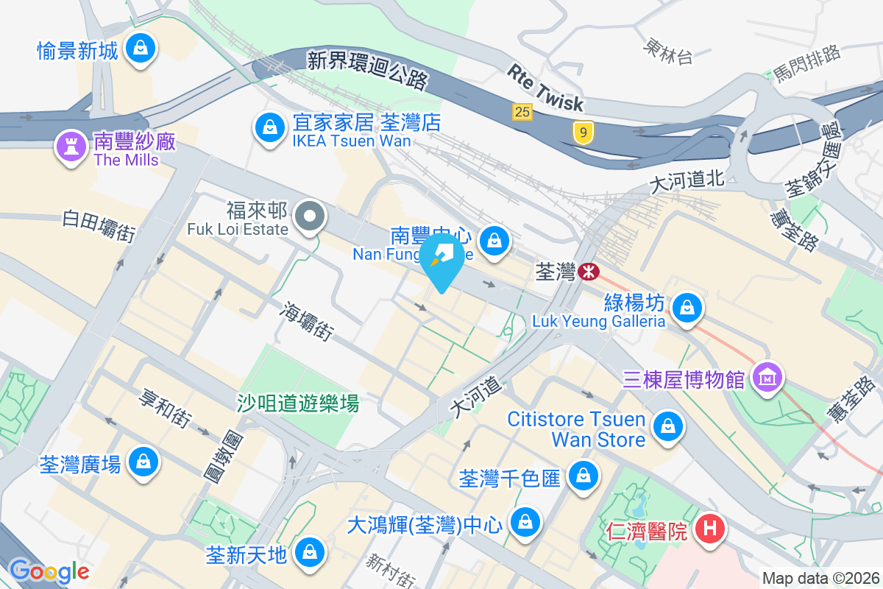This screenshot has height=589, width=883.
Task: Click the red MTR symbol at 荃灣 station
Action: click(x=589, y=272)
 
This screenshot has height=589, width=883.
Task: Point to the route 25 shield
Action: click(x=522, y=112)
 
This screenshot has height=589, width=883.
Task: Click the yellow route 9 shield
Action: click(x=583, y=133)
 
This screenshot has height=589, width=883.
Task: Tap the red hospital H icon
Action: click(x=710, y=529)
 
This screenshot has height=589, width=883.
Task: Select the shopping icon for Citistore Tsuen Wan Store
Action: click(x=667, y=426)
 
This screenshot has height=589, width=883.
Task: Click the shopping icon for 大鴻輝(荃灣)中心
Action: click(x=525, y=522)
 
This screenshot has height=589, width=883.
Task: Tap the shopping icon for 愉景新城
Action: click(x=139, y=49)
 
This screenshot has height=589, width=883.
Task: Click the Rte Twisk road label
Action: click(x=545, y=88)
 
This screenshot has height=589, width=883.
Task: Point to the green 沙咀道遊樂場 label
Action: click(x=297, y=403)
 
